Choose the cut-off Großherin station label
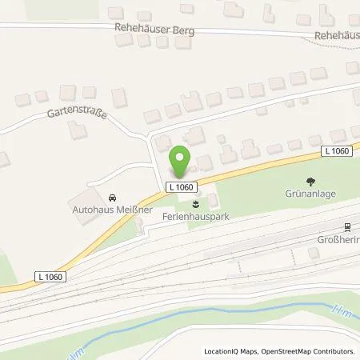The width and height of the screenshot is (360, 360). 335,238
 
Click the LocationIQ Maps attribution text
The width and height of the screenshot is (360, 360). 233,351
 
